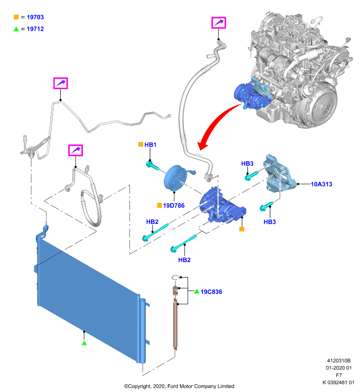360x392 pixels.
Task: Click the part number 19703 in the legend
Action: pos(35,17)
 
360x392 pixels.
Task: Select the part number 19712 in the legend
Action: pos(35,29)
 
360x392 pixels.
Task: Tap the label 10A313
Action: pos(321,184)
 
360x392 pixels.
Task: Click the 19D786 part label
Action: pos(174,205)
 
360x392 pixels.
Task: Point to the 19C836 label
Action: pos(211,292)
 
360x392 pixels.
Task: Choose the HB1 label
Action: pos(151,145)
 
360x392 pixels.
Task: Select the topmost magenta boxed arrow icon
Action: pos(219,23)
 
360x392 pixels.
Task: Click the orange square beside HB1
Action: pos(141,144)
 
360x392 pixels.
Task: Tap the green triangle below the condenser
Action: pos(84,343)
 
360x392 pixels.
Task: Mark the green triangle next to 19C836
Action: pos(197,291)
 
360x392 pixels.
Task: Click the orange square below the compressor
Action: pos(242,229)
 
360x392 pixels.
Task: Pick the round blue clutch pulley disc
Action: pos(175,178)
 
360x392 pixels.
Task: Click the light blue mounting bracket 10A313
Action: pos(280,173)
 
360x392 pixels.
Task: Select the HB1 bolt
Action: pos(152,166)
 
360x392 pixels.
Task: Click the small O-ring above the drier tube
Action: pos(176,277)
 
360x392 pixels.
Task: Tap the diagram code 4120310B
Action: pos(339,361)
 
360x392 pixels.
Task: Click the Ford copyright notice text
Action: pos(179,386)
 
